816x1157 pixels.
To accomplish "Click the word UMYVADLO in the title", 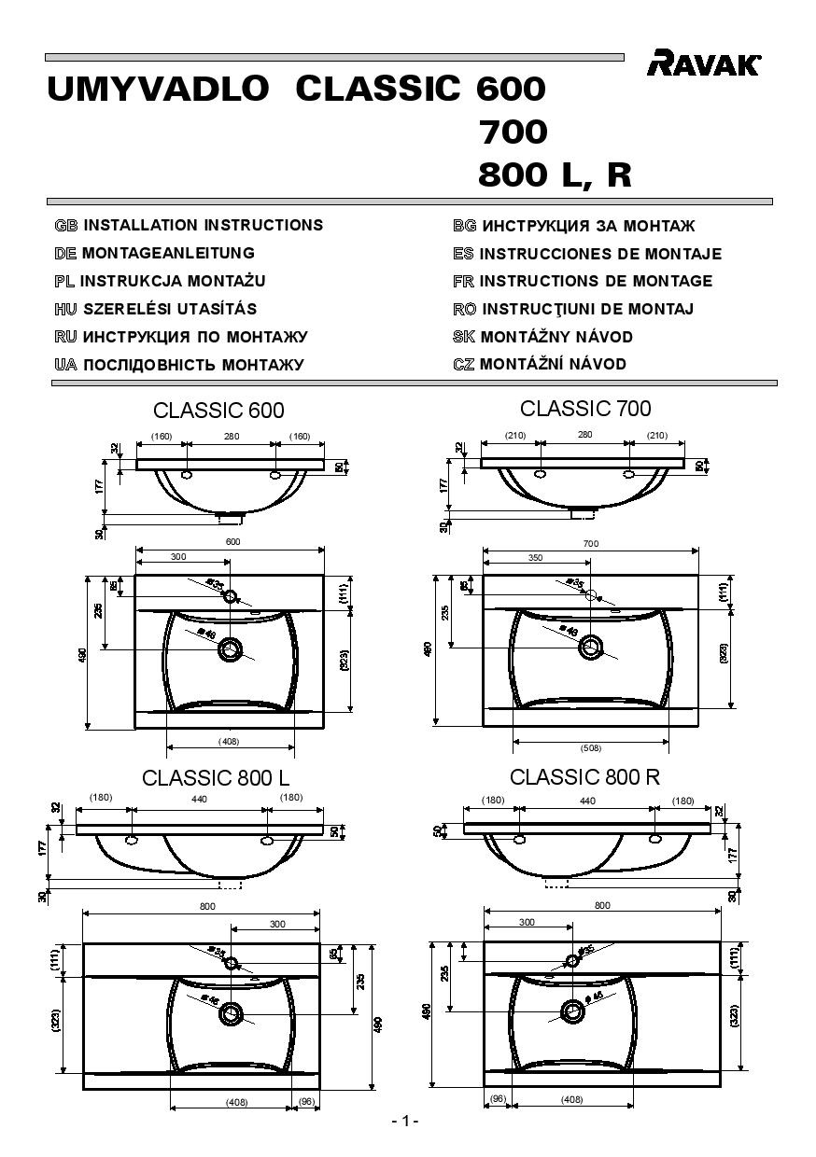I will [157, 90].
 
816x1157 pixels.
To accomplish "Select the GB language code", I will [65, 225].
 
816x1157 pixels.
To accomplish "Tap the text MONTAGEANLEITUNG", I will [168, 253].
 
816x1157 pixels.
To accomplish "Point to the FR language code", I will [464, 281].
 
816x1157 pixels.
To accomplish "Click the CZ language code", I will [464, 364].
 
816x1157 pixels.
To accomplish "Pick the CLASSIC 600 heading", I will [218, 411].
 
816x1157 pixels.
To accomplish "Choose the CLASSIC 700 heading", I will [585, 409].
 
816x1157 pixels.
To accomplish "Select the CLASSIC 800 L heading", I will [216, 778].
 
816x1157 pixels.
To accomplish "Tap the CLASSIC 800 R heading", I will [584, 777].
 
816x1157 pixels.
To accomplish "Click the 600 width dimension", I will [232, 542].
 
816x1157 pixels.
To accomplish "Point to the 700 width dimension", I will [590, 543].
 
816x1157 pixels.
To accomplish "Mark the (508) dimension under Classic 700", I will [591, 747].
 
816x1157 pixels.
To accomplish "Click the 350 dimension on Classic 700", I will [535, 557].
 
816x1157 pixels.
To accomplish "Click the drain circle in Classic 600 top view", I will [230, 650].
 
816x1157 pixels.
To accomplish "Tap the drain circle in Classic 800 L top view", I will [231, 1013].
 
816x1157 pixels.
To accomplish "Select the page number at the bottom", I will [405, 1121].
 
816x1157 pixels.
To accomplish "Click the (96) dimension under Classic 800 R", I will [498, 1098].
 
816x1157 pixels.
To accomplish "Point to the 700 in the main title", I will [513, 132].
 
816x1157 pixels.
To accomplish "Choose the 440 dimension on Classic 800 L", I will [200, 800].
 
